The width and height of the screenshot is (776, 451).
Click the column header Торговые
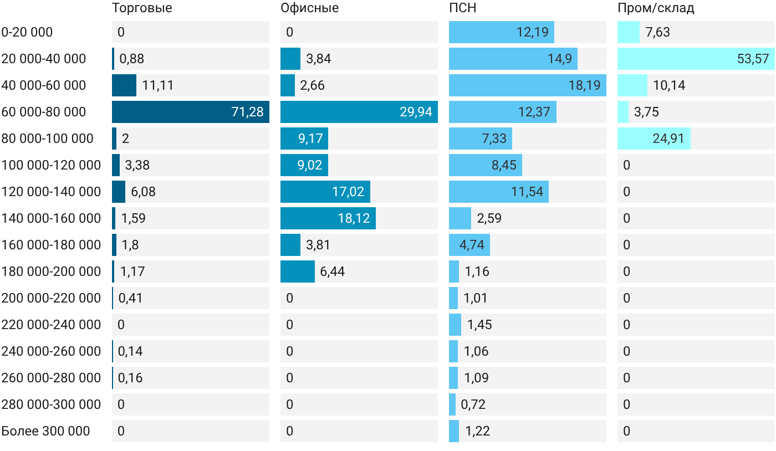click(142, 8)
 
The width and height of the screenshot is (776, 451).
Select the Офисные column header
click(310, 8)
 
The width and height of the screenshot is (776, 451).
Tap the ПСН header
click(462, 8)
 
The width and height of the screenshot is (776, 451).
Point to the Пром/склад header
click(656, 8)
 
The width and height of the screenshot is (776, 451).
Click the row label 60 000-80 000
click(44, 112)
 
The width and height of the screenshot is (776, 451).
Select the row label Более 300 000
click(45, 431)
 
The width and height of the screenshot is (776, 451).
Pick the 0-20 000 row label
click(27, 32)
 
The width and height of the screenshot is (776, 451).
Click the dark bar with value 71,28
click(191, 112)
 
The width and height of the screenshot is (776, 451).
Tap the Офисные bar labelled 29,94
click(359, 112)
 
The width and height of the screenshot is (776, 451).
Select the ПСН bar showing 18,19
click(528, 85)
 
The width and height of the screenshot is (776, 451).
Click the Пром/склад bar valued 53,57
click(696, 59)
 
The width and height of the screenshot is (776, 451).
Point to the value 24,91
click(668, 139)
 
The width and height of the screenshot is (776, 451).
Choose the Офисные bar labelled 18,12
click(328, 218)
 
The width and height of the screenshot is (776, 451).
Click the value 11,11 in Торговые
click(157, 85)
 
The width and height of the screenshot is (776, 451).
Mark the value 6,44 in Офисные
click(332, 271)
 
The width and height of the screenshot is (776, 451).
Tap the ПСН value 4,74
click(472, 245)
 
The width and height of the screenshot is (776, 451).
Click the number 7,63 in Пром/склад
click(657, 32)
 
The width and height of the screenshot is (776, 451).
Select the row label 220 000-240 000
click(51, 325)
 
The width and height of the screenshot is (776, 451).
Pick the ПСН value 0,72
click(473, 404)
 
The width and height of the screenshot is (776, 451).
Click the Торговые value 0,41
click(130, 298)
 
